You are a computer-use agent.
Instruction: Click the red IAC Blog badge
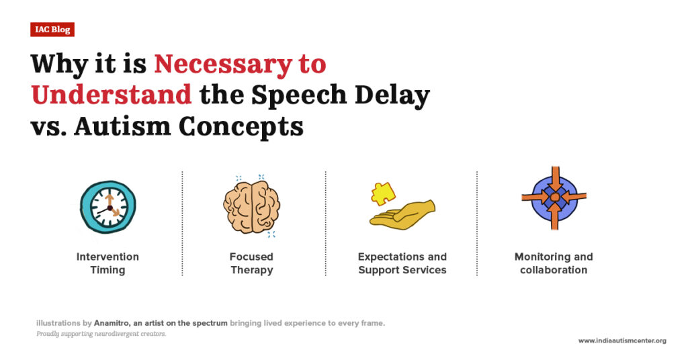pos(52,30)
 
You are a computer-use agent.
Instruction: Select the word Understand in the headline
pos(111,95)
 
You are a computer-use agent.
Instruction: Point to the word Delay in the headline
pos(392,95)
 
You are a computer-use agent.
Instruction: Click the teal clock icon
pos(107,206)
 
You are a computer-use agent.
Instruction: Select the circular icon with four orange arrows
pos(554,197)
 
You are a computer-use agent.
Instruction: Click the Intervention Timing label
pos(107,263)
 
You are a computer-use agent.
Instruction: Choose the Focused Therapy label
pos(251,263)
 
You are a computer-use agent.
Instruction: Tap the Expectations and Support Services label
pos(402,263)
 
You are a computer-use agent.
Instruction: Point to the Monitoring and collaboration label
pos(554,263)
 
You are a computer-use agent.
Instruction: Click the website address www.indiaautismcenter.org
pos(621,341)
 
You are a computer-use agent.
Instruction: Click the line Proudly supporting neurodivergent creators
pos(101,334)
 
